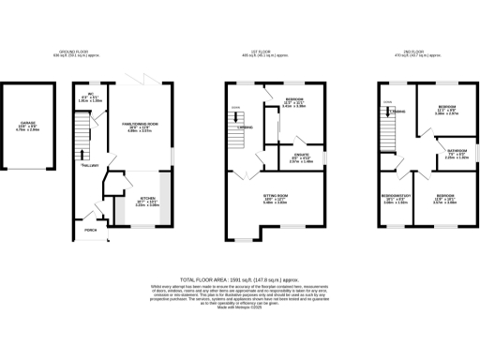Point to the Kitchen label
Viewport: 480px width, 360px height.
pos(147,201)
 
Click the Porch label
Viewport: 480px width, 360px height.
pos(91,229)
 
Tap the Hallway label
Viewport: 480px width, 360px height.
pos(90,166)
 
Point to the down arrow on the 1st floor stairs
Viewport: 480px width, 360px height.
pos(235,115)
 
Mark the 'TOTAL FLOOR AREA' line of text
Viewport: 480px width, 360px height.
pos(239,279)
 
